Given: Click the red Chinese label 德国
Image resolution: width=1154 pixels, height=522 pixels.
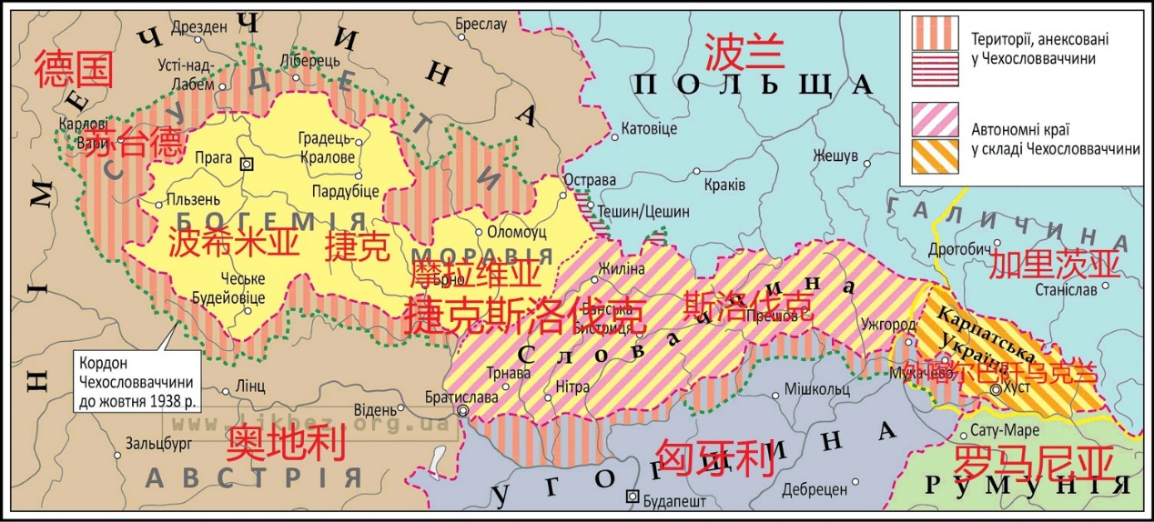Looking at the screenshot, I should point(75,69).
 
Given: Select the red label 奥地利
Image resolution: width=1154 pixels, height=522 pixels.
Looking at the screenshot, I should point(287,444).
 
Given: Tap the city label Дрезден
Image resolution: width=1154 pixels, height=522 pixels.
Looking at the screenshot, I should point(198,27).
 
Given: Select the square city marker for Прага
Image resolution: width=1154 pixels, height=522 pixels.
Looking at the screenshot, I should point(245,165).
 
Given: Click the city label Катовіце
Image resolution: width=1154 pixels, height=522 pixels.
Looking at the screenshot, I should point(649,129).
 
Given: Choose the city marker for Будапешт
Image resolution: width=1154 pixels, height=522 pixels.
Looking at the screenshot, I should point(633,497).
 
